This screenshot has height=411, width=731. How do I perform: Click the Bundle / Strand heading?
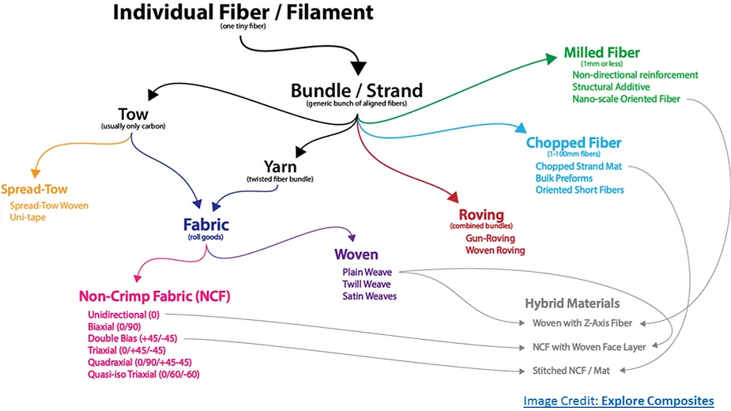click(356, 91)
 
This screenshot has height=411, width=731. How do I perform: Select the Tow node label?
click(134, 115)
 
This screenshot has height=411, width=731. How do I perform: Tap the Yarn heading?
click(281, 167)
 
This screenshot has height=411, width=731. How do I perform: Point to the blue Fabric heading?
click(206, 224)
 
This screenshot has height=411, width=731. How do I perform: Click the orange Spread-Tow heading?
click(34, 190)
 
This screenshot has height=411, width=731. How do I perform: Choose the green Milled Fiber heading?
click(602, 52)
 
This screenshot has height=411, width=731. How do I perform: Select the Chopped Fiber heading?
click(574, 143)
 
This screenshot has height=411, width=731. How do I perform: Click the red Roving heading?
click(481, 215)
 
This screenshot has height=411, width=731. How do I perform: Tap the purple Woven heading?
click(356, 255)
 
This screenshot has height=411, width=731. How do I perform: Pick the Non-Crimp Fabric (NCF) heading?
click(155, 296)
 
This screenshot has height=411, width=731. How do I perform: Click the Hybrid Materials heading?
click(572, 304)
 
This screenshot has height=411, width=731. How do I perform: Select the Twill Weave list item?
click(367, 284)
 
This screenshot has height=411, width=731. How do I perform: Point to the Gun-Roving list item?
click(491, 239)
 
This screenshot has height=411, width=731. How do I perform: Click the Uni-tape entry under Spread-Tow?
click(28, 217)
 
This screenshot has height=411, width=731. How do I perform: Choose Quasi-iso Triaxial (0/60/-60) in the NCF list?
click(144, 374)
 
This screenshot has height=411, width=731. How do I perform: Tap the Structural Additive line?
click(611, 87)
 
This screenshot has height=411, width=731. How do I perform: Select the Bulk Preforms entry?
click(564, 178)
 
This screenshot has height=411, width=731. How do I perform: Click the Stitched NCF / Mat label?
click(571, 371)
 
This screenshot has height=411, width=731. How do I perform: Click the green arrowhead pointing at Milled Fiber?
click(552, 58)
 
